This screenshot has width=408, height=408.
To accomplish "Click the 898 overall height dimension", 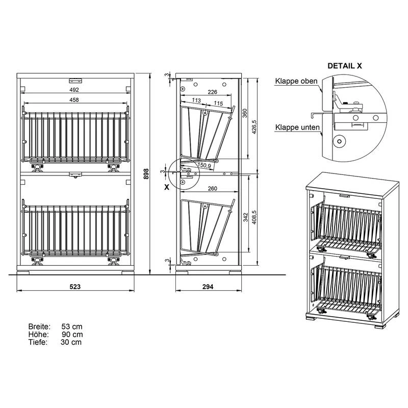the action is [x=146, y=174].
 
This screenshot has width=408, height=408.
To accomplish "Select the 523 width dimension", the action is [x=75, y=287].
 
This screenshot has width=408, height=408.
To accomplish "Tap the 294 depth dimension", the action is [x=208, y=287].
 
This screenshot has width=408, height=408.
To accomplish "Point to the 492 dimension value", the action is [x=74, y=90].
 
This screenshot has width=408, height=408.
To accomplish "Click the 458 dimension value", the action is [x=74, y=99].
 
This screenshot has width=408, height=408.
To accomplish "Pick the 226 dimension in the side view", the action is [x=213, y=92].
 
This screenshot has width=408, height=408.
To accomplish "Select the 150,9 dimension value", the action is [x=204, y=165].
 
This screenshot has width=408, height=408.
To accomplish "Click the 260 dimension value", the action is [x=213, y=188].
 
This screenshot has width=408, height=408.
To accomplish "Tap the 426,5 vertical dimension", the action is [x=254, y=127].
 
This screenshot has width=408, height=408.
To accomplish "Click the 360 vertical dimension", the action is [x=245, y=113].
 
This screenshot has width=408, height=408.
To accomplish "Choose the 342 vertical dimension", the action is [x=246, y=217].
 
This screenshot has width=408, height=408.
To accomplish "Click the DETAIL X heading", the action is [x=345, y=66].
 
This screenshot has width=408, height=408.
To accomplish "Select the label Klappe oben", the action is [x=296, y=81].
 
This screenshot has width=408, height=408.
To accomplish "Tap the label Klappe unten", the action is [x=297, y=127].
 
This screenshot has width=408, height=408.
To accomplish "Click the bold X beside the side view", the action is [x=167, y=187].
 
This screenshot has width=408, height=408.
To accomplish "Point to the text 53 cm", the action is [x=72, y=326].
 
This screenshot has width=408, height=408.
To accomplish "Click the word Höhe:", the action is [x=39, y=335].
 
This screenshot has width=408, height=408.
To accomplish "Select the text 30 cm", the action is [x=71, y=342].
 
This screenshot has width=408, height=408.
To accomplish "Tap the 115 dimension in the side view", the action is [x=218, y=104].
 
